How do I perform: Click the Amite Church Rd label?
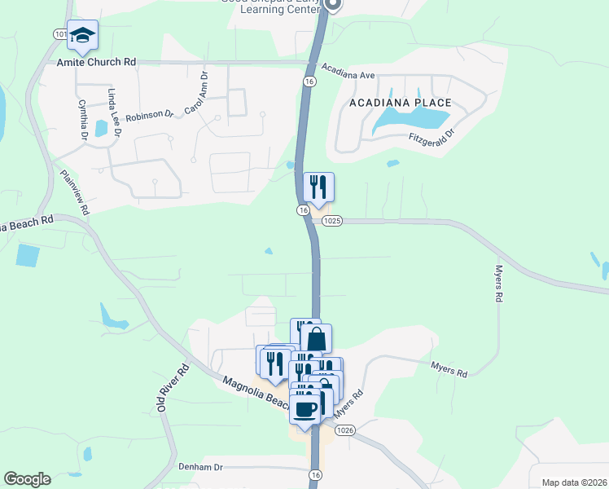point(96,62)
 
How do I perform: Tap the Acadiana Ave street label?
point(348,71)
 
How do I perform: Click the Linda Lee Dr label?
point(114,113)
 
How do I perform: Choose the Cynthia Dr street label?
point(81,120)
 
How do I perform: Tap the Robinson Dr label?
point(150,115)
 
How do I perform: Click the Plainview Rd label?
point(74,192)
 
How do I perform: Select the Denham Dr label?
point(200,467)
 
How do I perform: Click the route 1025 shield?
point(331,221)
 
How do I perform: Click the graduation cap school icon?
point(82,35)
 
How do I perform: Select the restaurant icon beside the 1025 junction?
point(318,187)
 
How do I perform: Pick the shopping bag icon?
point(316,339)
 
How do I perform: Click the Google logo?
point(27,479)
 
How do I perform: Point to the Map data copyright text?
point(574,482)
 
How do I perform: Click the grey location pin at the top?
point(332,5)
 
